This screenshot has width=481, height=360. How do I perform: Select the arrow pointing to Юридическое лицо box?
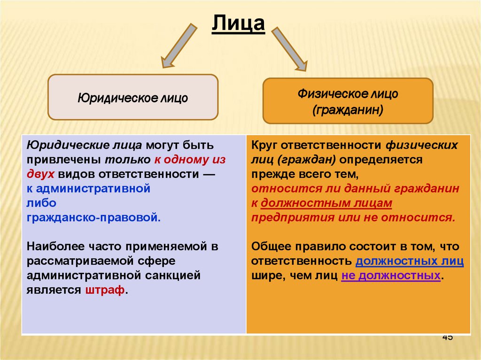(x=178, y=46)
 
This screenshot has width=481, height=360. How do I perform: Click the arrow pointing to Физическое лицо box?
(x=290, y=48)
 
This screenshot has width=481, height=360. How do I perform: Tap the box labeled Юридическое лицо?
(x=133, y=97)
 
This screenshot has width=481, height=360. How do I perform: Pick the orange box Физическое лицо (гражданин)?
(x=348, y=101)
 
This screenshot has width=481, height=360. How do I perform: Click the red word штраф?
(x=105, y=290)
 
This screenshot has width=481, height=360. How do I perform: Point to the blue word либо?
(x=41, y=203)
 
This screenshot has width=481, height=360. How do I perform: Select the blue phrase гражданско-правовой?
(x=93, y=218)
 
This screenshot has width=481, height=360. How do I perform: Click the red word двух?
(x=41, y=174)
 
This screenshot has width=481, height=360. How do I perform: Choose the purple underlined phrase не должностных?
(x=391, y=276)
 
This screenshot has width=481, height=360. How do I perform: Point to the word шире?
(x=265, y=276)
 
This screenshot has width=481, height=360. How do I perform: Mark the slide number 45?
(x=447, y=337)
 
